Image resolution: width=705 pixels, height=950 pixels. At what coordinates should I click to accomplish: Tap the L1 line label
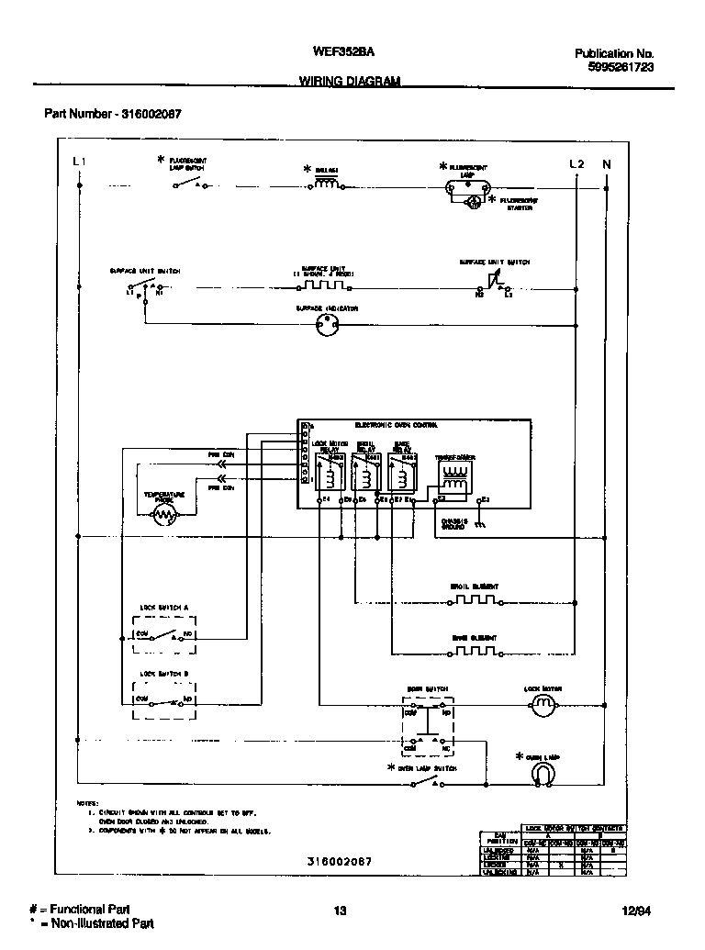click(x=79, y=163)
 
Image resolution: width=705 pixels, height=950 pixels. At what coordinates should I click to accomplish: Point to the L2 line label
click(x=576, y=163)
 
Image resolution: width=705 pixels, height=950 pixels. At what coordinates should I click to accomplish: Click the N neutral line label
click(x=606, y=163)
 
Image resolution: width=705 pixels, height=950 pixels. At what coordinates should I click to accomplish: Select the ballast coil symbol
click(x=327, y=184)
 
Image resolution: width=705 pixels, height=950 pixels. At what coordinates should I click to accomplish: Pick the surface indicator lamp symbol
click(x=328, y=324)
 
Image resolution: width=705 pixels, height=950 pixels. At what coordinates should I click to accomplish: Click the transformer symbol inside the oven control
click(x=453, y=474)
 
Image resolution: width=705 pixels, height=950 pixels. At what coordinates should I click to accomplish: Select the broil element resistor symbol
click(x=474, y=601)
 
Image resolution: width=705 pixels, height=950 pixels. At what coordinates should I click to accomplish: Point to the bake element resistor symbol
click(x=474, y=652)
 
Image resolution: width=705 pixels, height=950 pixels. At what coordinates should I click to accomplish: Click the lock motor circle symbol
click(x=543, y=704)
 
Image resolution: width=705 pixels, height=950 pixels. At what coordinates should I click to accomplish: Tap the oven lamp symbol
click(x=543, y=776)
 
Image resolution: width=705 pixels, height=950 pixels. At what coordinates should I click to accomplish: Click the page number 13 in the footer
click(x=340, y=911)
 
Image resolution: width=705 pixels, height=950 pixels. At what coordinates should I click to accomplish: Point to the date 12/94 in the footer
click(x=634, y=911)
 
